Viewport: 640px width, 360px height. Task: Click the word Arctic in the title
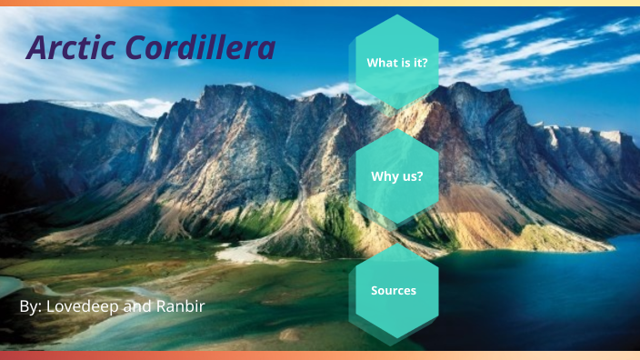[x=71, y=48]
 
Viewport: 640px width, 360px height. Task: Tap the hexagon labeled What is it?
[x=396, y=63]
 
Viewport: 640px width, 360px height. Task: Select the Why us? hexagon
[x=396, y=176]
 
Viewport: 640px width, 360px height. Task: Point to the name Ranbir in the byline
[x=178, y=306]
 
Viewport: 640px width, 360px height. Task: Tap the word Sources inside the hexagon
[x=394, y=291]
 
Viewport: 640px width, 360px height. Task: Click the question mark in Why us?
[x=419, y=176]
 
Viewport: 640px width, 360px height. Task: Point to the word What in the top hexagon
[x=380, y=63]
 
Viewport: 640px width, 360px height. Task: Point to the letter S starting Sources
[x=375, y=291]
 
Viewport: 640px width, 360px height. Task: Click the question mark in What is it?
[x=425, y=63]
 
